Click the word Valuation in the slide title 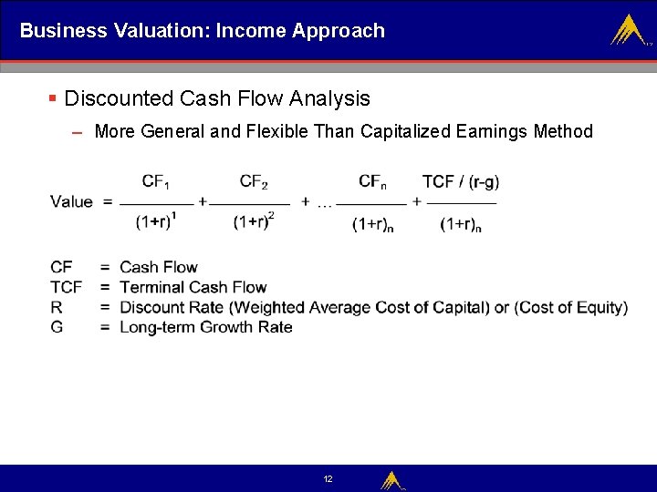click(x=161, y=31)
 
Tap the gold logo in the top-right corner click(x=628, y=31)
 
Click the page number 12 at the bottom click(x=328, y=478)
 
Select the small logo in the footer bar click(x=392, y=479)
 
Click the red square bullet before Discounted click(x=53, y=97)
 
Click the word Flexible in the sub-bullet click(x=273, y=131)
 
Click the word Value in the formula click(x=71, y=201)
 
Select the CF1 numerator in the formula click(x=155, y=181)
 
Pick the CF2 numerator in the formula click(x=253, y=181)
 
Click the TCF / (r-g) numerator click(x=460, y=181)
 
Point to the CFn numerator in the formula click(x=371, y=181)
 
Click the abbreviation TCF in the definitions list click(x=67, y=287)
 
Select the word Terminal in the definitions click(x=152, y=287)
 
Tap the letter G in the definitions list click(x=57, y=327)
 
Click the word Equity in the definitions click(x=599, y=307)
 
